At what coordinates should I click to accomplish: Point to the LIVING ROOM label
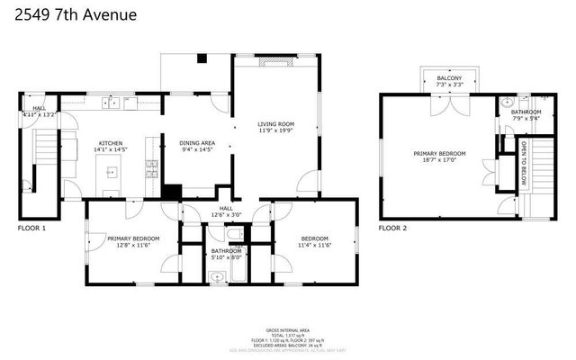(x=274, y=125)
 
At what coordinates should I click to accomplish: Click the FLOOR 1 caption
(x=31, y=229)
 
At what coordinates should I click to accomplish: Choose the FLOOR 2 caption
(x=392, y=229)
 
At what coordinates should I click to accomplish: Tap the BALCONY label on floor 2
(x=450, y=79)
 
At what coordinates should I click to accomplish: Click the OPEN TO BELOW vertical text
(x=523, y=162)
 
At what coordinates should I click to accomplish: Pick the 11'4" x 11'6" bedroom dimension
(x=316, y=244)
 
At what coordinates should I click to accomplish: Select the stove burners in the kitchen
(x=152, y=167)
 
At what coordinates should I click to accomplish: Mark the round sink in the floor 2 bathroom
(x=508, y=103)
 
